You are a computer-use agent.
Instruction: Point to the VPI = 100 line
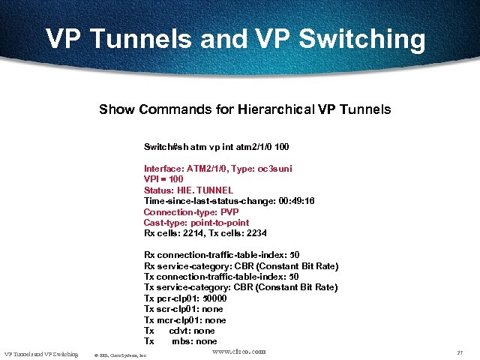pyautogui.click(x=163, y=179)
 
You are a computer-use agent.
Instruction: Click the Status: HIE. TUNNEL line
pyautogui.click(x=188, y=190)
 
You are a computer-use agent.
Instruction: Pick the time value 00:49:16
pyautogui.click(x=296, y=201)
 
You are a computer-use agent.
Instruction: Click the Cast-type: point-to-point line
pyautogui.click(x=196, y=223)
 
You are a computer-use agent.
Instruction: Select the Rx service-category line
pyautogui.click(x=241, y=266)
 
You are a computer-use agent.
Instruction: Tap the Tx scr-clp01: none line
pyautogui.click(x=183, y=309)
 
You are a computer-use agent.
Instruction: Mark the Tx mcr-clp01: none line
pyautogui.click(x=184, y=319)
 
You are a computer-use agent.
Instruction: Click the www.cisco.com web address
pyautogui.click(x=239, y=351)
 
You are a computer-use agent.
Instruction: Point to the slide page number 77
pyautogui.click(x=460, y=353)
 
